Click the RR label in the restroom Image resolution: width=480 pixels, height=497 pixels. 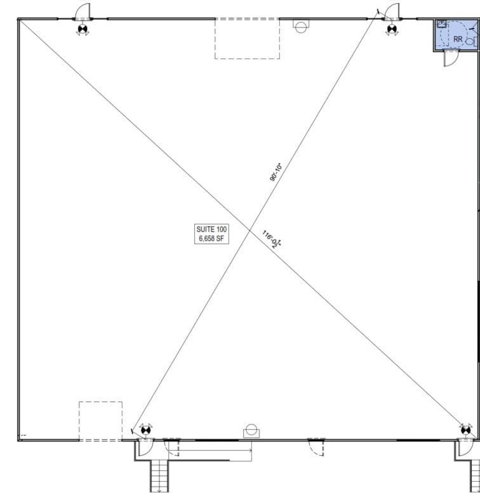458,39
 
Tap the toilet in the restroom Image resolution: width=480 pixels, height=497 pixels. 470,40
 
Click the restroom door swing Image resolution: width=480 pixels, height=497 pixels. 449,58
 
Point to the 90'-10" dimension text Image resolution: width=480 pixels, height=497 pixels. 276,172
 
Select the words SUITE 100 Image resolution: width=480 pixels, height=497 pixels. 211,229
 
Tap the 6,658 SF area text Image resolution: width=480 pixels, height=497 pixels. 211,238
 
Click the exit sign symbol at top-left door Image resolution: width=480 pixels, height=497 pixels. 83,28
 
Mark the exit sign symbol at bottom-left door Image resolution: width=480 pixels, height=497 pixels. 145,430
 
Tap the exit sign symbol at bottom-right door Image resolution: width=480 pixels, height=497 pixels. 465,430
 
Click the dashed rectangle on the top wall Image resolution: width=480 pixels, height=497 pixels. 247,38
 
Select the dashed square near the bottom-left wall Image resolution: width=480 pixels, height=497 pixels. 100,421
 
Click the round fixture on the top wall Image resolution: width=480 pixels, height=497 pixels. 301,25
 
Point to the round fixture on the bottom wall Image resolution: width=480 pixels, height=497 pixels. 251,431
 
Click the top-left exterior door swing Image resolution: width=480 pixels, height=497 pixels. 83,11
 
